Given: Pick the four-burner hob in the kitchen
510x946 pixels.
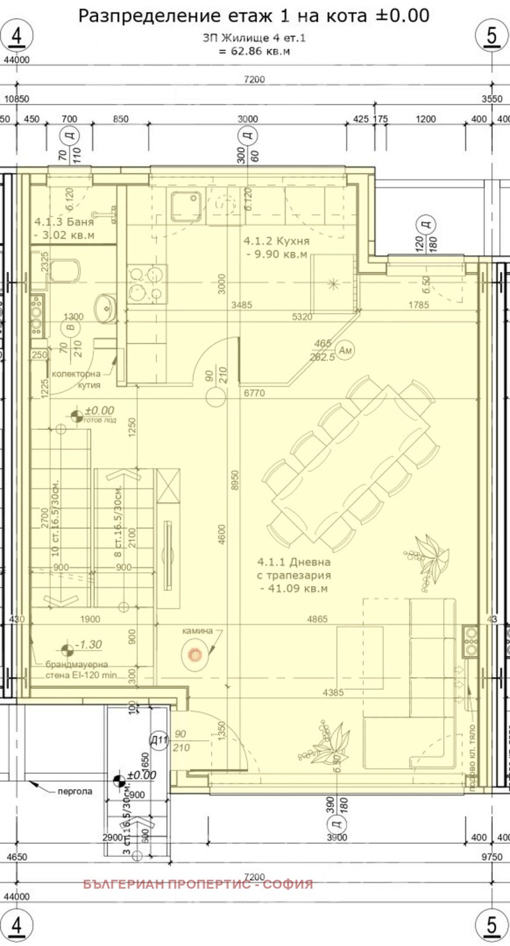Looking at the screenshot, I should [x=147, y=284].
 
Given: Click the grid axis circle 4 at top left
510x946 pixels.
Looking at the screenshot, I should [x=17, y=36].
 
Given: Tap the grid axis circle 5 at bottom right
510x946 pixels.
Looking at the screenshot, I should [x=492, y=924].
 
